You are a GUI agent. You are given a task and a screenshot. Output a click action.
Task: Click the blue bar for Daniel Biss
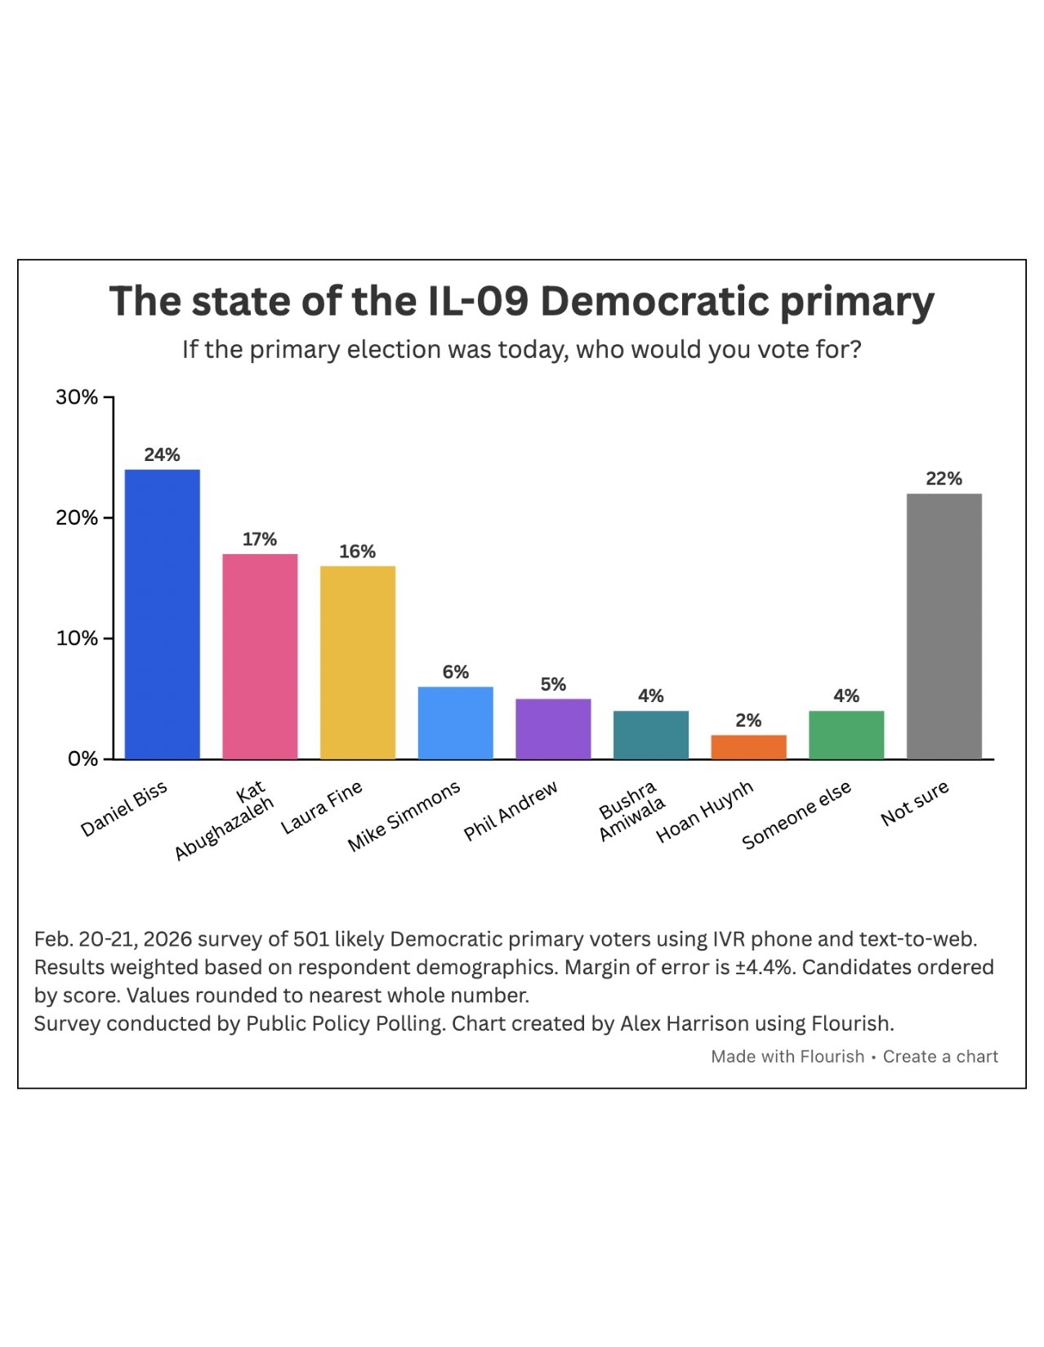[162, 614]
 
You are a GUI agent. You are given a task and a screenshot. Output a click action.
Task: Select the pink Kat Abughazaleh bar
[260, 656]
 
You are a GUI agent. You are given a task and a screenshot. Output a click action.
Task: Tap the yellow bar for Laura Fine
[357, 662]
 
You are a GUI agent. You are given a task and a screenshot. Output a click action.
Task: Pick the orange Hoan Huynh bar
[748, 747]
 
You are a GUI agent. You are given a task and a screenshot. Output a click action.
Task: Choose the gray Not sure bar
[944, 626]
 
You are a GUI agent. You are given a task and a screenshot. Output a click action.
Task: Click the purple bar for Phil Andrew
[553, 729]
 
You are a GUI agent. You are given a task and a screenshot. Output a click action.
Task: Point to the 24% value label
[162, 455]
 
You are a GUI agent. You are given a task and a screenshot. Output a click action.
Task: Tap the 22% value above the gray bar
[944, 479]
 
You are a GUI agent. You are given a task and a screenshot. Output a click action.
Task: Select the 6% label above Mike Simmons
[455, 672]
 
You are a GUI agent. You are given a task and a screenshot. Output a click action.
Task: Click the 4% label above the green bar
[846, 696]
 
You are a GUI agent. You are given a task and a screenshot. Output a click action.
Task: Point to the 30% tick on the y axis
[77, 397]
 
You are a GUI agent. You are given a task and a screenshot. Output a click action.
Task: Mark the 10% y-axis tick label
[77, 638]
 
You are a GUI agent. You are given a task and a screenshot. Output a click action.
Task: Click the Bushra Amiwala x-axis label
[631, 811]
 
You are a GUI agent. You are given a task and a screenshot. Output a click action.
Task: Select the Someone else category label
[796, 814]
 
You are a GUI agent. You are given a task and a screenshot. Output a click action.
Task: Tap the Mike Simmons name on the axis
[404, 816]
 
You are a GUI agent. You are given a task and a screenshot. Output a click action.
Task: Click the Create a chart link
[940, 1057]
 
